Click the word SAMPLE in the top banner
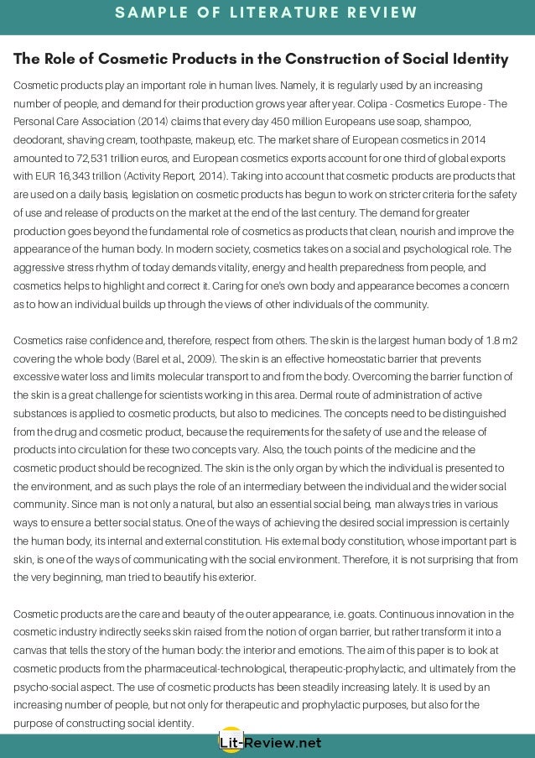click(x=153, y=13)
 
